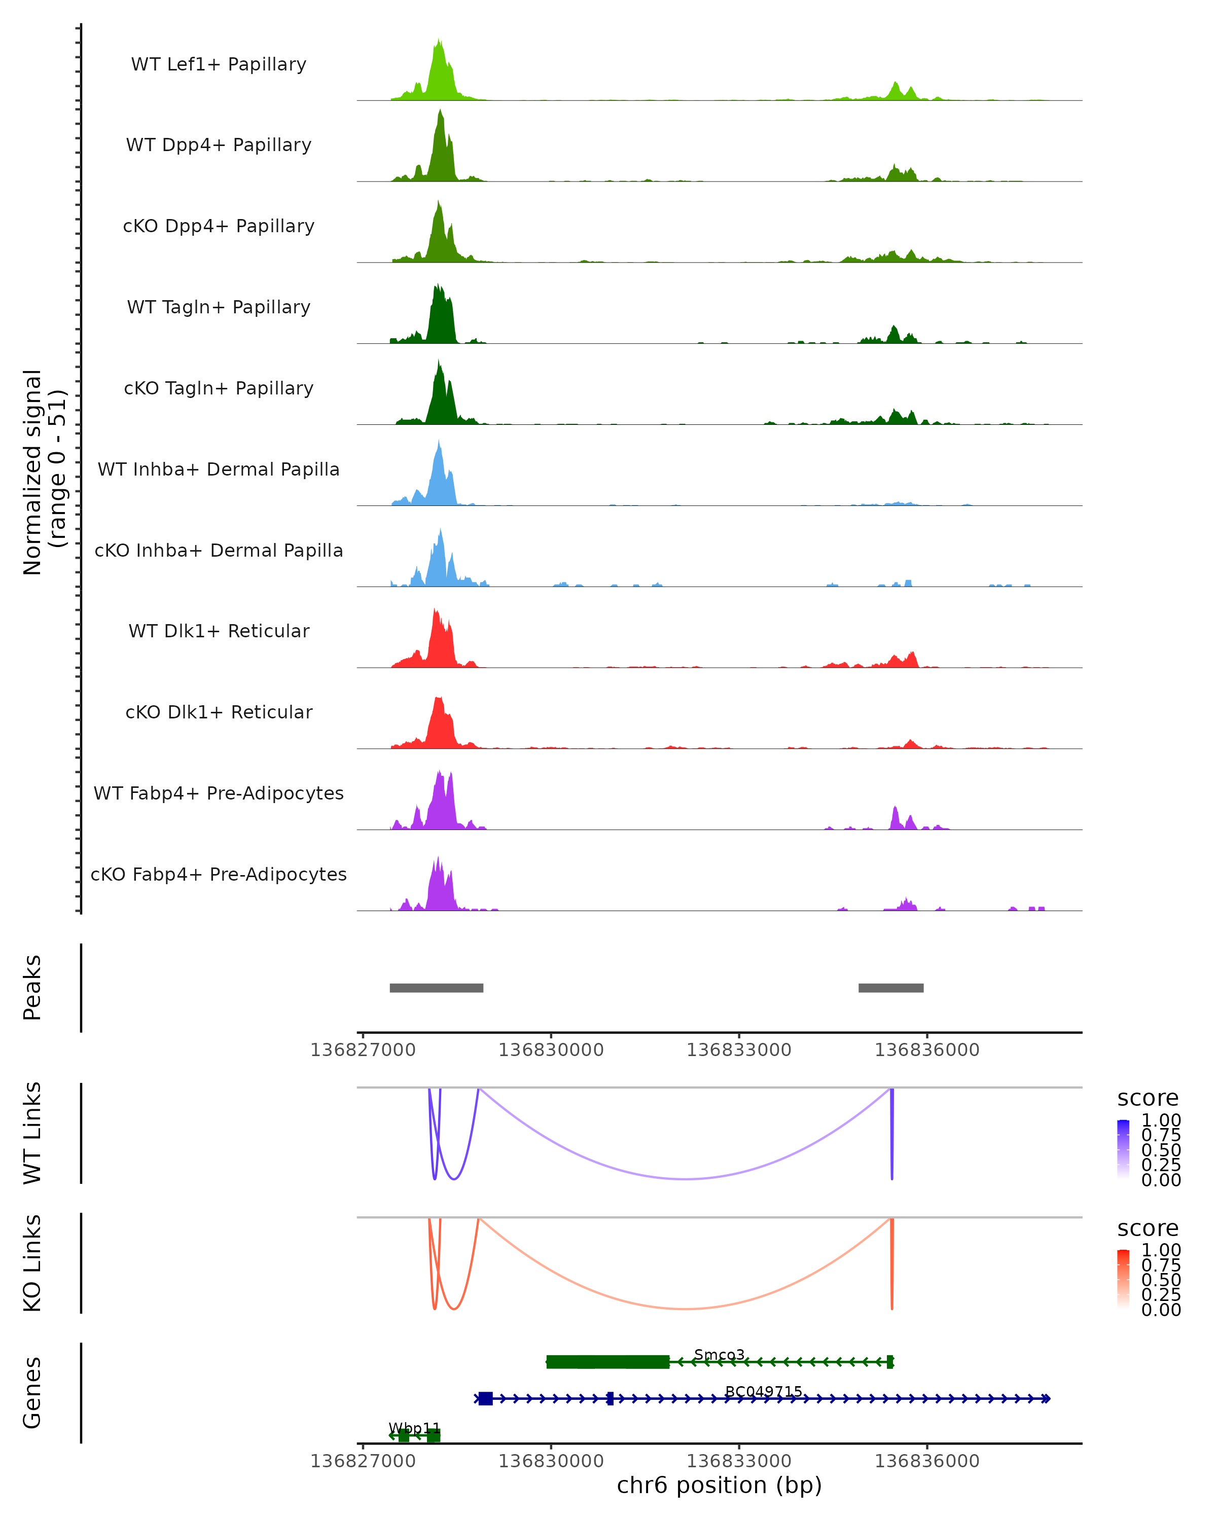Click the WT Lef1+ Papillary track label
219,64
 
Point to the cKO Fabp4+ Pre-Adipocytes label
219,874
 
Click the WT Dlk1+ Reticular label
219,631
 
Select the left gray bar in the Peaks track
436,988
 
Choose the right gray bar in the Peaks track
890,988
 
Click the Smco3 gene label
719,1355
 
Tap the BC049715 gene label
763,1391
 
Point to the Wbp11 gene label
414,1428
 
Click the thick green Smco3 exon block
607,1362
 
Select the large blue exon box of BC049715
485,1398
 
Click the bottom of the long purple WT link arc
685,1179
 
